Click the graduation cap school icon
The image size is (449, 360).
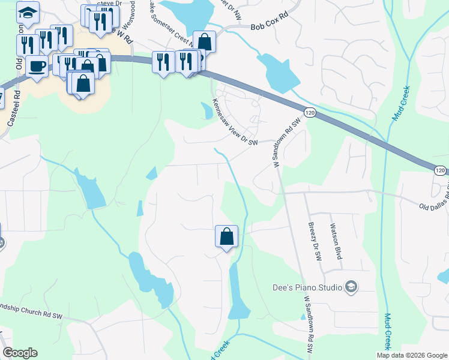[x=28, y=12]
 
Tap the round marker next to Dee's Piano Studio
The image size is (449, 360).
[x=351, y=288]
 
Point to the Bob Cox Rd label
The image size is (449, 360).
[x=270, y=27]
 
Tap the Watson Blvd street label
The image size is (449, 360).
[x=336, y=241]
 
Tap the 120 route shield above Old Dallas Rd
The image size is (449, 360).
[x=440, y=171]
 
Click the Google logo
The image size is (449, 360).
[x=20, y=353]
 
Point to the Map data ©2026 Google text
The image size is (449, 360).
[x=411, y=355]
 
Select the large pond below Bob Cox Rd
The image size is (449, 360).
[x=279, y=71]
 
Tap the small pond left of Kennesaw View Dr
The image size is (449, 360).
[x=205, y=110]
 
